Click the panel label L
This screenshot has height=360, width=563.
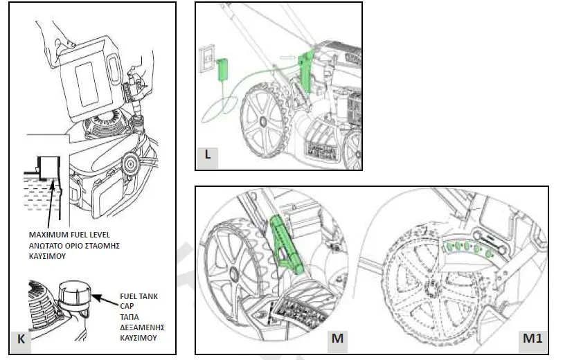207,154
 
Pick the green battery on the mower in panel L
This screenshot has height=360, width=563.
305,69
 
